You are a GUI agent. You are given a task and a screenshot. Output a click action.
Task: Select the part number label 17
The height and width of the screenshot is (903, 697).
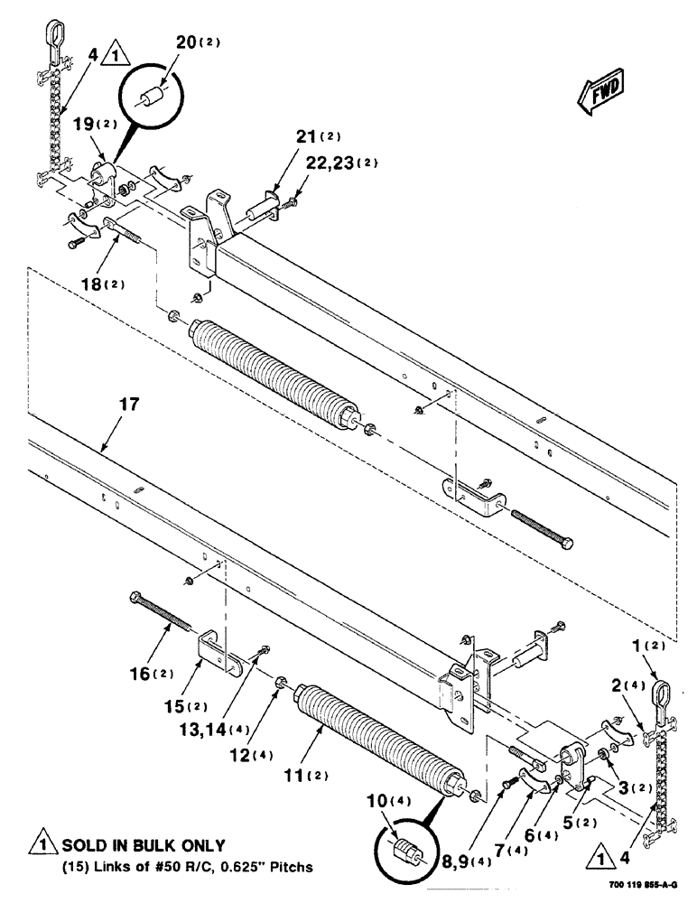[129, 405]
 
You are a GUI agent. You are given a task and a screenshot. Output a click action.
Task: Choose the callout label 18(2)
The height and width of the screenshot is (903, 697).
[103, 284]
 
